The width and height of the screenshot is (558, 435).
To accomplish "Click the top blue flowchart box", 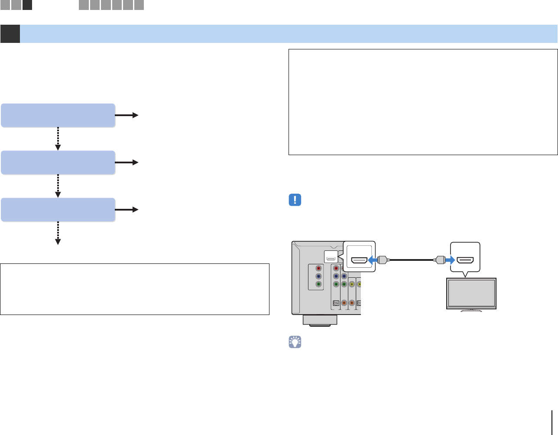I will pyautogui.click(x=58, y=115).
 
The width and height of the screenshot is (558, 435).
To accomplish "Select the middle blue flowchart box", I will pyautogui.click(x=58, y=162).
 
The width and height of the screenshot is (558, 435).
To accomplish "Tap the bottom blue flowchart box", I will pyautogui.click(x=58, y=210).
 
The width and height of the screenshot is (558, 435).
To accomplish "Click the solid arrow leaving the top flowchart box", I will pyautogui.click(x=127, y=115).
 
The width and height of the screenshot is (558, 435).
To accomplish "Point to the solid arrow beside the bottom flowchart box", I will pyautogui.click(x=127, y=210).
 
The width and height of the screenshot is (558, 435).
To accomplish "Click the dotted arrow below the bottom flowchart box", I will pyautogui.click(x=58, y=234).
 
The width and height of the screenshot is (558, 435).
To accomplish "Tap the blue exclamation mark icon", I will pyautogui.click(x=295, y=201).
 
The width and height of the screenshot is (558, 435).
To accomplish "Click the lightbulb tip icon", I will pyautogui.click(x=295, y=342).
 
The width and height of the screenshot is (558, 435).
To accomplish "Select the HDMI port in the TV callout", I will pyautogui.click(x=465, y=261).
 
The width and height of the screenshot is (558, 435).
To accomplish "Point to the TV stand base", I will pyautogui.click(x=471, y=310).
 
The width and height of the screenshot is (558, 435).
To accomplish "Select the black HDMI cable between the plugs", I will pyautogui.click(x=412, y=260).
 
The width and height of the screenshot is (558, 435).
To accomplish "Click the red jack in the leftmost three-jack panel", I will pyautogui.click(x=318, y=268).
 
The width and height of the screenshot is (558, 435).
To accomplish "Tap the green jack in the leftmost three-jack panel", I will pyautogui.click(x=318, y=284).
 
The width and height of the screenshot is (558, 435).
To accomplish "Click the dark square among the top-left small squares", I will pyautogui.click(x=27, y=5).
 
